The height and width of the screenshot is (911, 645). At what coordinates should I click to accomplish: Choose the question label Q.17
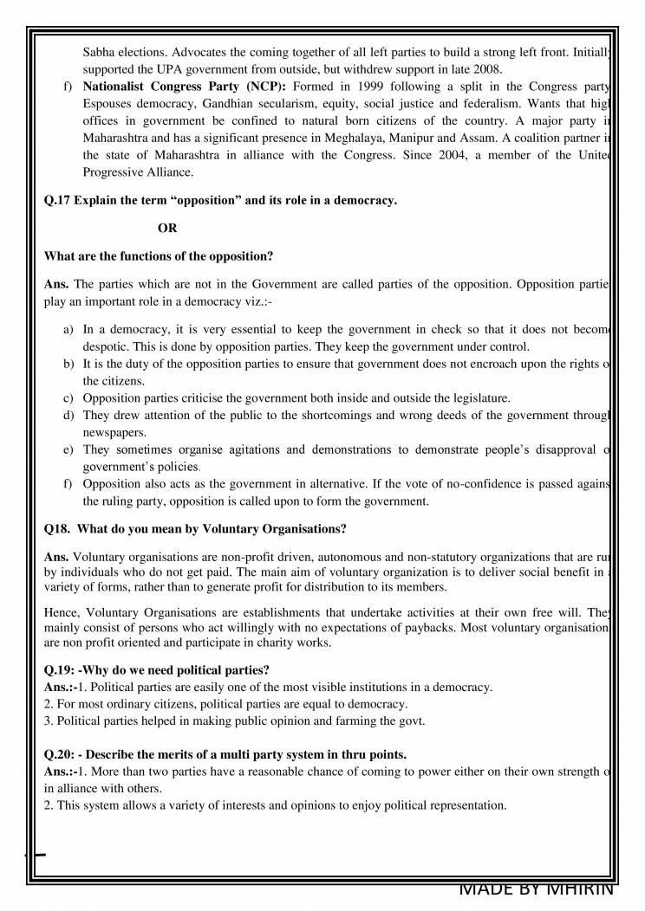[x=57, y=201]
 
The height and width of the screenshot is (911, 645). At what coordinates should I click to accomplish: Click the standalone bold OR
[x=167, y=229]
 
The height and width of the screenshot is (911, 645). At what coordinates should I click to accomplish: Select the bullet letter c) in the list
[x=68, y=398]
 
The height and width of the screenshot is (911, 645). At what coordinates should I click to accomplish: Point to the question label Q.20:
[x=62, y=754]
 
